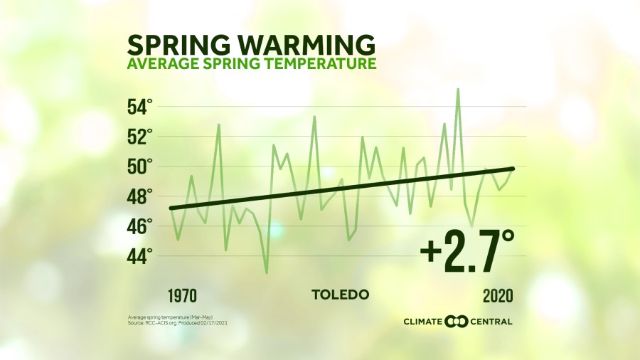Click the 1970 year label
(183, 295)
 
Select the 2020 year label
(498, 295)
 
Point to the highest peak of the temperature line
(458, 89)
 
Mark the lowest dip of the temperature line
(267, 272)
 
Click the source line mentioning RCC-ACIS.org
(178, 323)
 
